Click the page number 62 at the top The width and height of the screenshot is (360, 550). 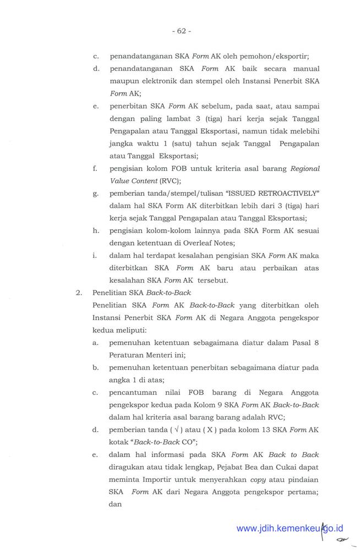180,31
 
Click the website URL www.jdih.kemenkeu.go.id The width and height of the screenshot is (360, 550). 289,529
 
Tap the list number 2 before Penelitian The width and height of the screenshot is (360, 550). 79,293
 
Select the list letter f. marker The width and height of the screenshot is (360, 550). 96,169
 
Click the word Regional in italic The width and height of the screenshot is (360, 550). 304,169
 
